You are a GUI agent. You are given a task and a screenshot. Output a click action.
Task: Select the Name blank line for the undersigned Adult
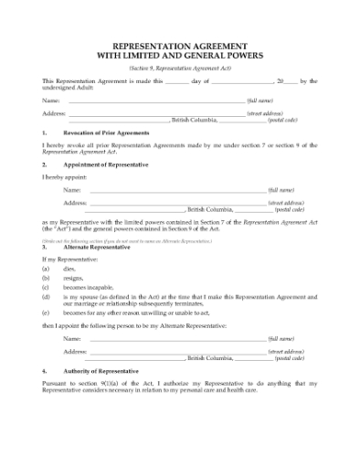click(x=155, y=100)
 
